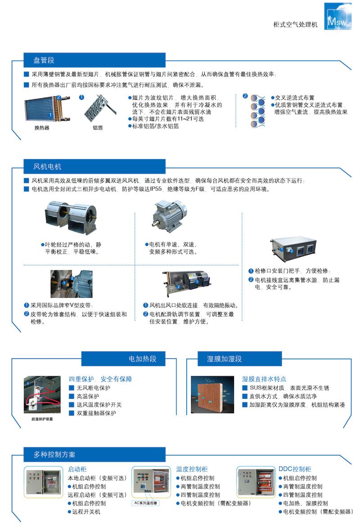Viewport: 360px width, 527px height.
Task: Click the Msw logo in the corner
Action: [338, 17]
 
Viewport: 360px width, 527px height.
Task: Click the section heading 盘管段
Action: [44, 61]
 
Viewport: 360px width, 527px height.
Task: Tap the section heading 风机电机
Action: [47, 167]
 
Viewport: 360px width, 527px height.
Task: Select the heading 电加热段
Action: [143, 359]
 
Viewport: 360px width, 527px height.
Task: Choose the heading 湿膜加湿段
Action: [225, 359]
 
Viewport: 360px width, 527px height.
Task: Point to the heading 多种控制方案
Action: [54, 455]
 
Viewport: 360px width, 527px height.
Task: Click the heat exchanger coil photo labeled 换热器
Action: [47, 108]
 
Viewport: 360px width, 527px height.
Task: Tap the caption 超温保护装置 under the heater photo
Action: [42, 419]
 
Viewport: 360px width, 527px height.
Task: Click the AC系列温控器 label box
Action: [145, 503]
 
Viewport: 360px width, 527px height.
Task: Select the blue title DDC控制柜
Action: [295, 469]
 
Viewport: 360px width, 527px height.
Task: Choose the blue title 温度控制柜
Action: [192, 469]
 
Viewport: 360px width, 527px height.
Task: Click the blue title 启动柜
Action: [77, 469]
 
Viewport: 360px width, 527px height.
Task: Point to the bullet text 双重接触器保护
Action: [96, 413]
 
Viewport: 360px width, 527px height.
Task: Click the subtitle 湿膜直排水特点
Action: [264, 379]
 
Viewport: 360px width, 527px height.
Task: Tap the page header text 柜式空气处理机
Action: [295, 25]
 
